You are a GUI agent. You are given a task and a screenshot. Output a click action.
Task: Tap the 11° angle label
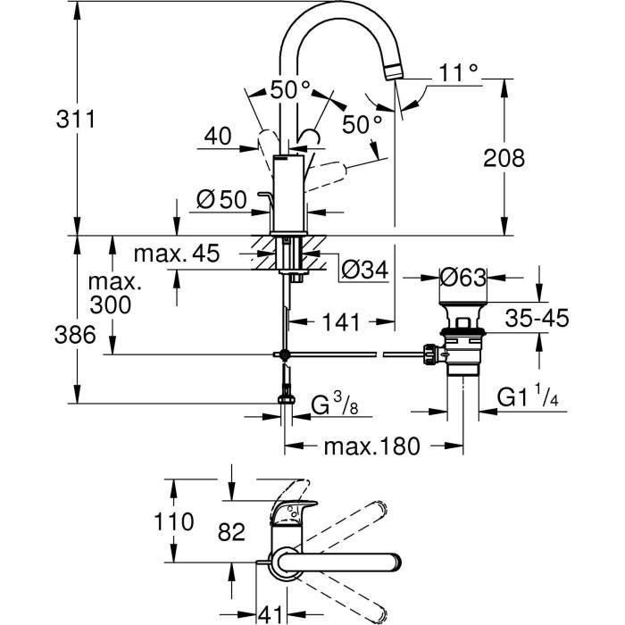pos(459,73)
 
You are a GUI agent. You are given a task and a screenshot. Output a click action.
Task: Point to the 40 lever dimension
pos(218,137)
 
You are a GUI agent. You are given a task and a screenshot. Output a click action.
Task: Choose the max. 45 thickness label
pos(177,254)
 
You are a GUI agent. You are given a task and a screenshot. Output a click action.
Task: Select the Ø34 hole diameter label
pos(366,269)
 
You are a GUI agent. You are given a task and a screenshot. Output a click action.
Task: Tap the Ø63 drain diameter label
pos(462,278)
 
